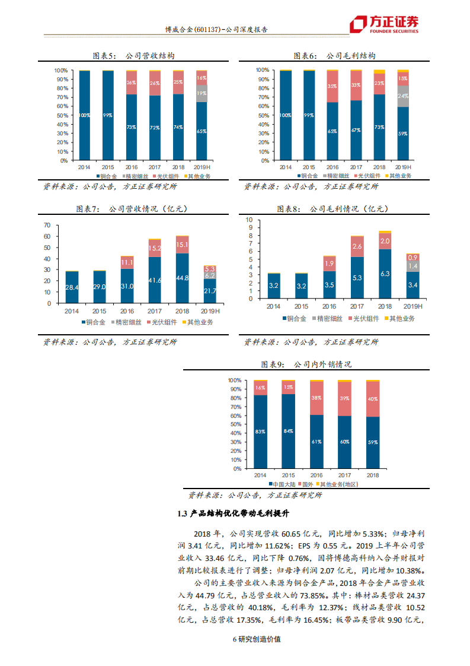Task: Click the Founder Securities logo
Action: pyautogui.click(x=384, y=24)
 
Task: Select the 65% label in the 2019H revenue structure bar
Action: pyautogui.click(x=202, y=131)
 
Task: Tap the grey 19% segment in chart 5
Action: pyautogui.click(x=202, y=93)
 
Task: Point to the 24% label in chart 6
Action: pyautogui.click(x=403, y=96)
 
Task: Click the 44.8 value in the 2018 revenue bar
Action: pyautogui.click(x=182, y=278)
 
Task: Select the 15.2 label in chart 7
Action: pyautogui.click(x=155, y=248)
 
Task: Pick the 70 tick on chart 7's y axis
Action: pyautogui.click(x=47, y=226)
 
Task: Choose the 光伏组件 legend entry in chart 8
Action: pyautogui.click(x=363, y=319)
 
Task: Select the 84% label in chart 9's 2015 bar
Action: pyautogui.click(x=289, y=431)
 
